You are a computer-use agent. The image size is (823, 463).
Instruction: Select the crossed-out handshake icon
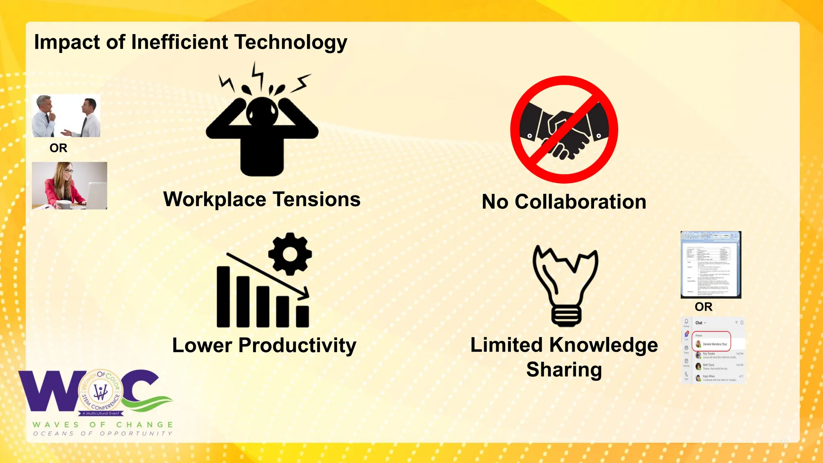coord(564,129)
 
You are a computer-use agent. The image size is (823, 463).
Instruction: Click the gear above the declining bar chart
coord(290,254)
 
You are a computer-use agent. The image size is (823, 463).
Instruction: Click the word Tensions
coord(316,199)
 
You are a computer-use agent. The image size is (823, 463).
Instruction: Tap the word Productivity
coord(297,345)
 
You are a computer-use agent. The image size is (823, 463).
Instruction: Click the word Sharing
coord(564,370)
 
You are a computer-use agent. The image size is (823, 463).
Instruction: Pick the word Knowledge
coord(604,345)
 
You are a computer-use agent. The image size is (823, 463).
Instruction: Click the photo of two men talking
coord(66,116)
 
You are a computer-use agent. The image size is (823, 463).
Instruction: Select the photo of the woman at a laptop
coord(70,186)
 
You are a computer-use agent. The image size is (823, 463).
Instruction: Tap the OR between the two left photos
coord(58,148)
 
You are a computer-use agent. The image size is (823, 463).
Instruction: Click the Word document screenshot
coord(710,264)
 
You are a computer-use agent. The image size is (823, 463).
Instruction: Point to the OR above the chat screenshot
coord(703,307)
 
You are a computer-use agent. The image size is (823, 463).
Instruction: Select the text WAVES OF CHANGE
coord(103,425)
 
